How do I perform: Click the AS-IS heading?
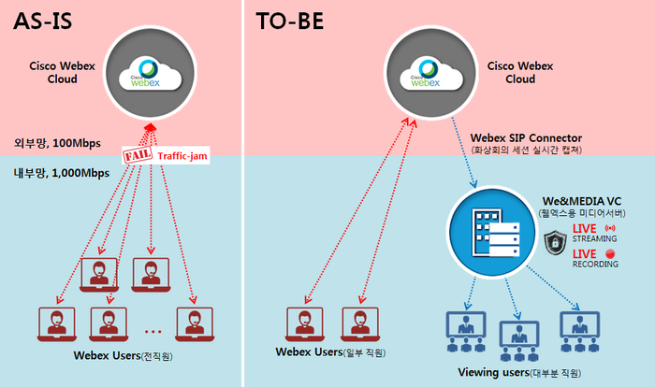43,21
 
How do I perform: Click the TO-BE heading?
290,21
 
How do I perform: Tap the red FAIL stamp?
137,155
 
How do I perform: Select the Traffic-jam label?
182,156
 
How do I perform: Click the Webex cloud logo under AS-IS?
150,73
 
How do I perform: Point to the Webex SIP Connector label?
526,138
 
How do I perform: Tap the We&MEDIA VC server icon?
492,232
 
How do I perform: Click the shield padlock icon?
555,242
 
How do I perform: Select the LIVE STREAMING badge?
594,233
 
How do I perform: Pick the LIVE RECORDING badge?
595,258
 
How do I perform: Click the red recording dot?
610,254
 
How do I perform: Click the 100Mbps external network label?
57,143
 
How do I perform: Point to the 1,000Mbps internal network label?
62,173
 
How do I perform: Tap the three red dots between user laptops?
153,332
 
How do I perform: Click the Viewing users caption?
519,372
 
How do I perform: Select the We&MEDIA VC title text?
582,201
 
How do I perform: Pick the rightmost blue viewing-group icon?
580,332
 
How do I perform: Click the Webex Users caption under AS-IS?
123,356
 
